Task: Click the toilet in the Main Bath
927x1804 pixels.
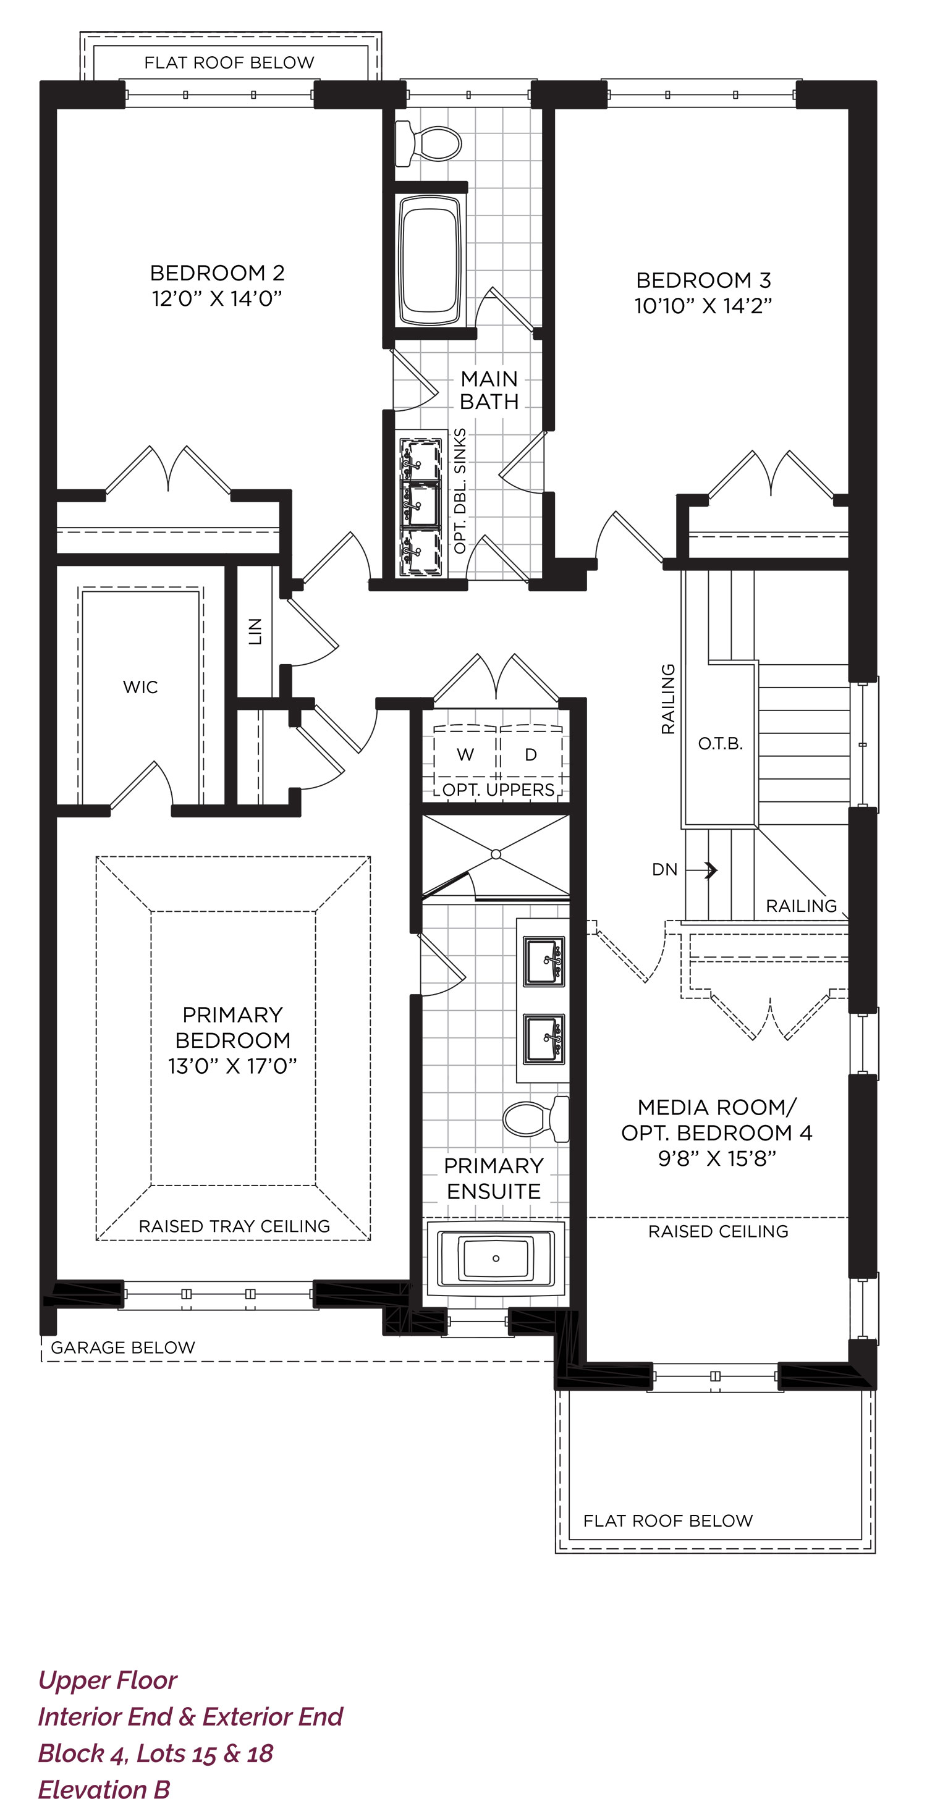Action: (428, 143)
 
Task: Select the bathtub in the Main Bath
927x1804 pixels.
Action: (430, 259)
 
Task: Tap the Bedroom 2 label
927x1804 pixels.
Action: (217, 272)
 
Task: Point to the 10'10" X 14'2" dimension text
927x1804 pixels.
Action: (703, 306)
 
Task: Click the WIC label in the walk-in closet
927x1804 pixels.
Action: (140, 687)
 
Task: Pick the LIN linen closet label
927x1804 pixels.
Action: (255, 631)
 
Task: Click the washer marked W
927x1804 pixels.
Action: (465, 754)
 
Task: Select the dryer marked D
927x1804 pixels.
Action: (530, 754)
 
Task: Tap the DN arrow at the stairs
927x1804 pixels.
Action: (701, 870)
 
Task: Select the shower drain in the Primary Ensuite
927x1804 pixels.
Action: (496, 854)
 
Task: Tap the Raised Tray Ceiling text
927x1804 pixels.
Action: (234, 1226)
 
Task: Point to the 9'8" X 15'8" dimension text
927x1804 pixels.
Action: (717, 1159)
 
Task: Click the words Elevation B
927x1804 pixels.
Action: (104, 1789)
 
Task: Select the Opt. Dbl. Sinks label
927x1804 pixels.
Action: (460, 491)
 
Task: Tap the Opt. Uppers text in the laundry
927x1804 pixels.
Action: (498, 790)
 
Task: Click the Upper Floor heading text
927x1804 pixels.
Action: (107, 1680)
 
